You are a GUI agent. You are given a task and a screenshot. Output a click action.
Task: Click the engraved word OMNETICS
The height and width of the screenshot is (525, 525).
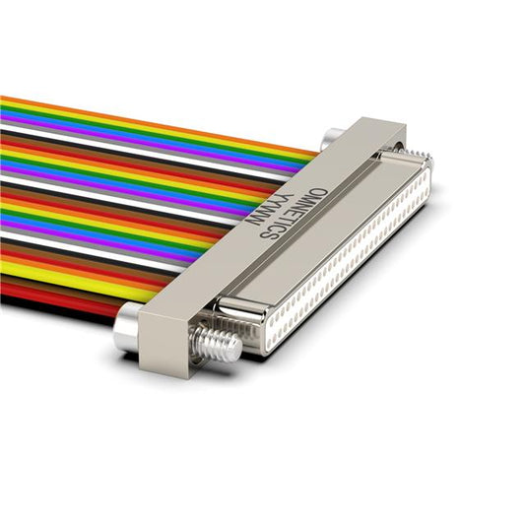point(294,214)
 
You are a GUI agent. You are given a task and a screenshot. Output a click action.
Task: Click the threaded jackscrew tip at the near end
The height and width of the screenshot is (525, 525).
point(217,344)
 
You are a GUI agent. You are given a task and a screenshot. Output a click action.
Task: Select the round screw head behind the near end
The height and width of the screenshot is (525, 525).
point(125,326)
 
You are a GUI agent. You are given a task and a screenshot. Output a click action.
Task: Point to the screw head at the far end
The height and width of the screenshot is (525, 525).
point(331,138)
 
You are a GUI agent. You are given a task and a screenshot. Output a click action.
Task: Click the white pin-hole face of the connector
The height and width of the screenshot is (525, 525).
point(350,259)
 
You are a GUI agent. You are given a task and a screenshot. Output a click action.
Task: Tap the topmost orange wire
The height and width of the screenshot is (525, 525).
point(158,124)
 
